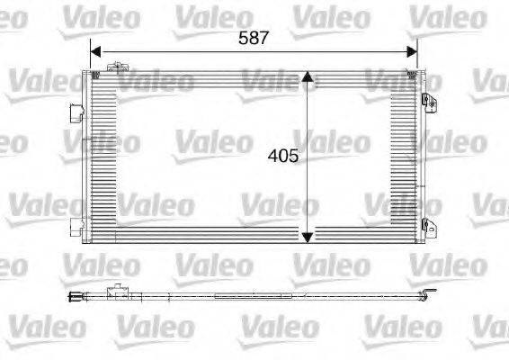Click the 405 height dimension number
[x=283, y=155]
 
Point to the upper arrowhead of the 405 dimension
[x=308, y=79]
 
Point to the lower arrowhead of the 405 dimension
[x=308, y=236]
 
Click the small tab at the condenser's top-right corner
[x=415, y=70]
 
